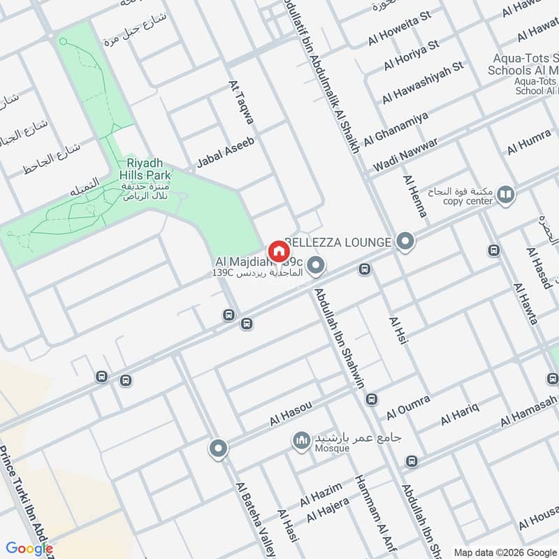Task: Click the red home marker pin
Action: (x=278, y=251)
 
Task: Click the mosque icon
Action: (x=301, y=442)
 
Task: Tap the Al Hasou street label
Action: (x=290, y=414)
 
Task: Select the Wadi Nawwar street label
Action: (x=405, y=154)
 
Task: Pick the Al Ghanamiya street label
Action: (x=395, y=127)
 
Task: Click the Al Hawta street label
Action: (x=525, y=304)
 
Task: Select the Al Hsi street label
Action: (x=397, y=335)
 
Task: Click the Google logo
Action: (x=29, y=549)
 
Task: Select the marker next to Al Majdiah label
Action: (x=317, y=265)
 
